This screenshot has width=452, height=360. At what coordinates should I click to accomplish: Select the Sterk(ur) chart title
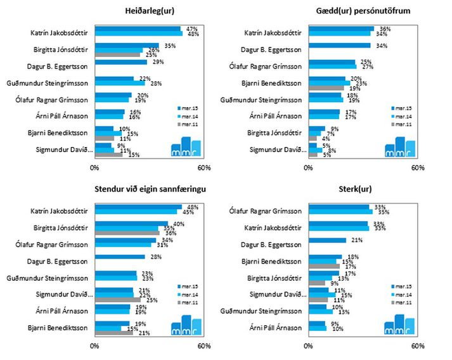[363, 189]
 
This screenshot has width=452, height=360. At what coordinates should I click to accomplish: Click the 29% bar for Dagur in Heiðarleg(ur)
[121, 62]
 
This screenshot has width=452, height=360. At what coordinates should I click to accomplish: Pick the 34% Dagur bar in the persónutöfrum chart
[340, 46]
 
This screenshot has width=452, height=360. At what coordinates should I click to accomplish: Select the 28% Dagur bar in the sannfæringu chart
[120, 257]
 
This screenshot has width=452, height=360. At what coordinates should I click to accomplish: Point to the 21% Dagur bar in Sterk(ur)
[328, 240]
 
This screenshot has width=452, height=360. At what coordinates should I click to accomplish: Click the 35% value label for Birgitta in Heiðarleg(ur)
[170, 46]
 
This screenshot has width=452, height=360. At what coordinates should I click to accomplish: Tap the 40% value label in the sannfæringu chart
[179, 224]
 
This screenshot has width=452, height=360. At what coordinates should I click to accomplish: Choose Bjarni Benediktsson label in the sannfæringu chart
[60, 327]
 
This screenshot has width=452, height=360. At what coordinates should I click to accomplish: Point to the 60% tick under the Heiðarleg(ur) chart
[203, 168]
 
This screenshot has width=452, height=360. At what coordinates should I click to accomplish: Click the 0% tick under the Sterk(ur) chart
[309, 346]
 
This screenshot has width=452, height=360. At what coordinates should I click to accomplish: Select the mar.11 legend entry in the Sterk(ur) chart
[403, 303]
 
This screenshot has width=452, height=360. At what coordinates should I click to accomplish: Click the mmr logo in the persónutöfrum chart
[400, 146]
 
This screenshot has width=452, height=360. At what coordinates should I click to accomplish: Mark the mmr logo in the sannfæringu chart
[186, 324]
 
